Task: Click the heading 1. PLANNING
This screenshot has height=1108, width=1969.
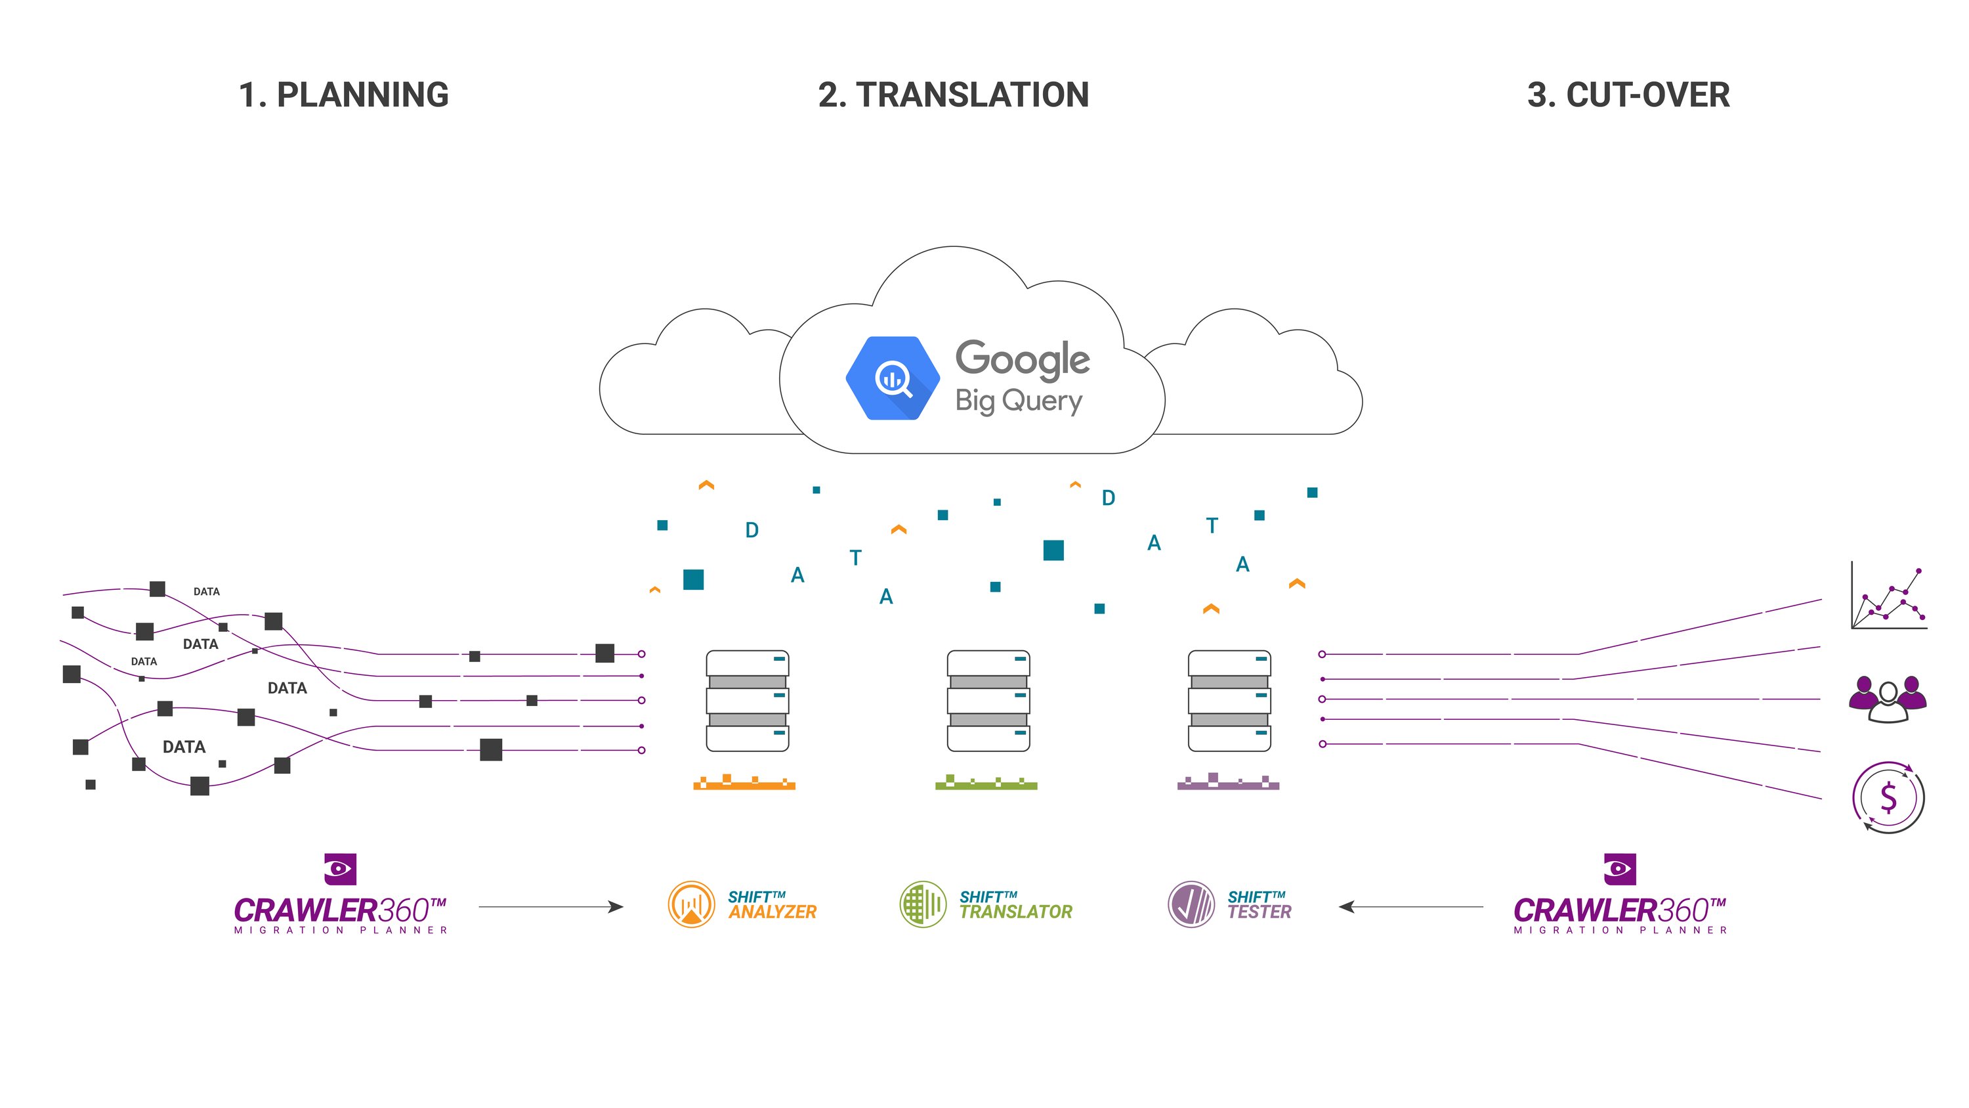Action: coord(343,95)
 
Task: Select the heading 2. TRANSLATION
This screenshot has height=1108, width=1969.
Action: coord(953,95)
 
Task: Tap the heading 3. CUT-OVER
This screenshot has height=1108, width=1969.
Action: coord(1628,95)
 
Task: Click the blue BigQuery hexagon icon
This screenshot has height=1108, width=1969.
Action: coord(892,378)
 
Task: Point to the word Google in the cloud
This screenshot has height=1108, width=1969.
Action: coord(1022,359)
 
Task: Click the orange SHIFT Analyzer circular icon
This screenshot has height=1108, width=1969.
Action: coord(691,904)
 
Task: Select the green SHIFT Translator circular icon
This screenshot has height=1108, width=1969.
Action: coord(923,904)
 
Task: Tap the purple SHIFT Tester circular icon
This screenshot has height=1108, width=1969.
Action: coord(1191,904)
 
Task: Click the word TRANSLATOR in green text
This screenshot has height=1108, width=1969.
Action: coord(1016,912)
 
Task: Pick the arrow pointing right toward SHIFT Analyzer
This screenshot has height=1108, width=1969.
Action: coord(551,907)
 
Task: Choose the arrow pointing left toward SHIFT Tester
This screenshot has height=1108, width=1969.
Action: coord(1410,907)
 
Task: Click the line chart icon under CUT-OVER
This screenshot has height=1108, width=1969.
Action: coord(1889,596)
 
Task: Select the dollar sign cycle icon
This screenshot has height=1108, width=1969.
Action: coord(1888,797)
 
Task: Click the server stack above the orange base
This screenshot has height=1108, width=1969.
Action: coord(747,700)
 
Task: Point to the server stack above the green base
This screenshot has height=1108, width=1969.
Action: coord(988,700)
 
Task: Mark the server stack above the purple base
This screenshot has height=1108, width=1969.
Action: coord(1229,700)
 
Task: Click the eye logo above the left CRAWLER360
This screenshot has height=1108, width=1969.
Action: coord(340,870)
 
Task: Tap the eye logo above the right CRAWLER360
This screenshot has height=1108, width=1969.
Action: coord(1619,870)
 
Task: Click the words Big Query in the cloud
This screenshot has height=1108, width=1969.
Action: coord(1018,401)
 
